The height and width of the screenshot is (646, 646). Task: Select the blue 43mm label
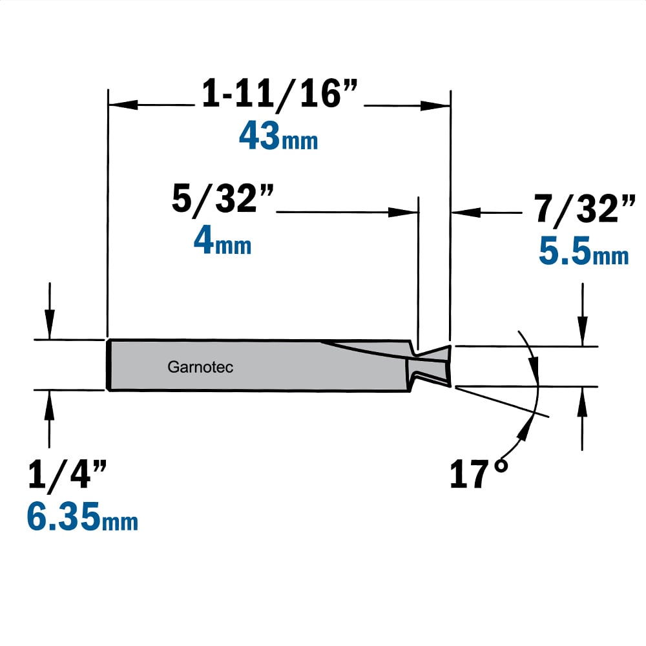pyautogui.click(x=278, y=136)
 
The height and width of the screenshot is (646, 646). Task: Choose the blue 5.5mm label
pyautogui.click(x=584, y=251)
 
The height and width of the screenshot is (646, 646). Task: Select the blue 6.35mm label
pyautogui.click(x=83, y=516)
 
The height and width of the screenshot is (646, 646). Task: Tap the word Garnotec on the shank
pyautogui.click(x=200, y=367)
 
